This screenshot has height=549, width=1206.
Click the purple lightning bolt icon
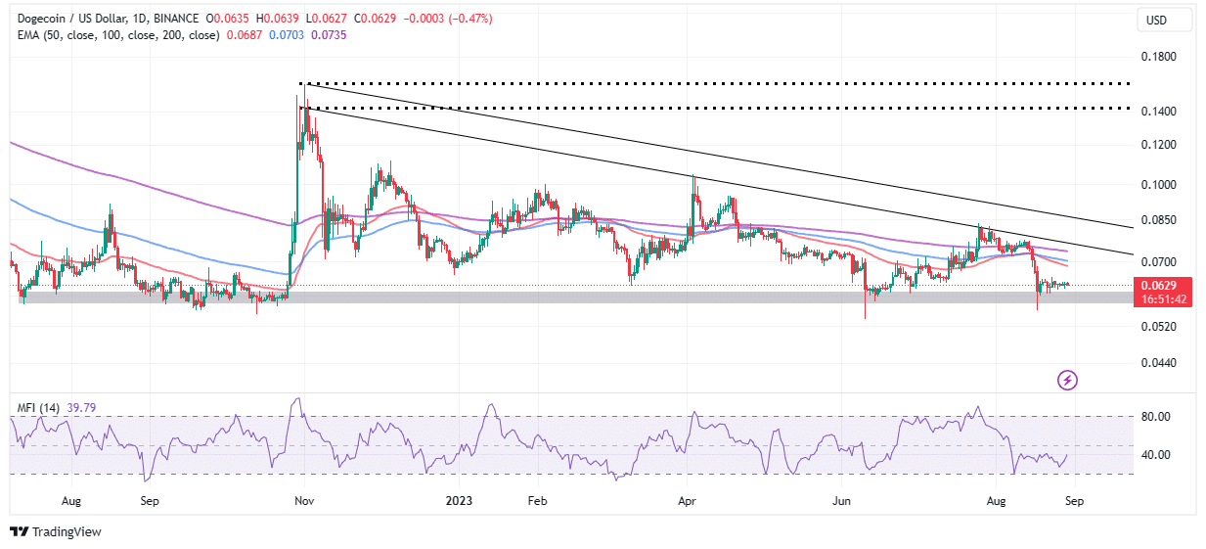[1068, 380]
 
